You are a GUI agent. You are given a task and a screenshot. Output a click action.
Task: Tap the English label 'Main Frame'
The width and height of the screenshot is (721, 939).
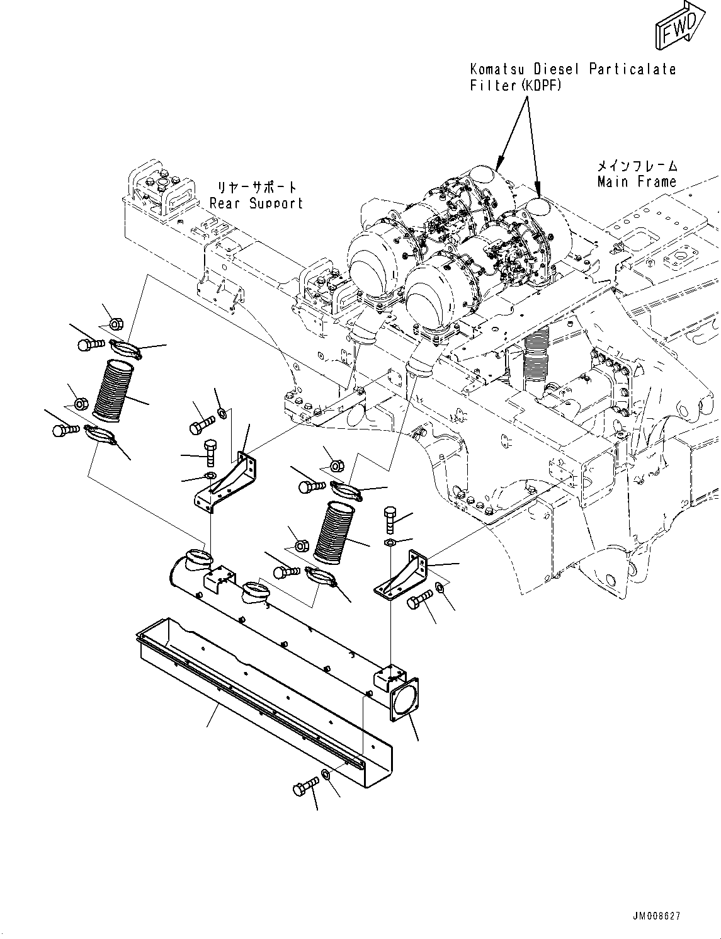(x=637, y=182)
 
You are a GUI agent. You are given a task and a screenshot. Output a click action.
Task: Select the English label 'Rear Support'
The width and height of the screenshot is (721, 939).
(x=256, y=203)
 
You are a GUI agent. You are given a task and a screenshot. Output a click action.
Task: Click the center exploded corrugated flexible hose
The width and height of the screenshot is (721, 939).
(x=335, y=531)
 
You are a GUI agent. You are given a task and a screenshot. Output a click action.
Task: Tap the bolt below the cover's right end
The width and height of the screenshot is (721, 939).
(x=305, y=788)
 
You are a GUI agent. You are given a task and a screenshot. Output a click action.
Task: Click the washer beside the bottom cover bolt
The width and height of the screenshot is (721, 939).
(x=326, y=773)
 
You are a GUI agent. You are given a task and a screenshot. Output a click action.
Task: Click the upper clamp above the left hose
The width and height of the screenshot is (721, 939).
(x=125, y=347)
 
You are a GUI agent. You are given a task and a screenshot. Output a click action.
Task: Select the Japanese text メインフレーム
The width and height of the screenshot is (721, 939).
(x=637, y=166)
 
